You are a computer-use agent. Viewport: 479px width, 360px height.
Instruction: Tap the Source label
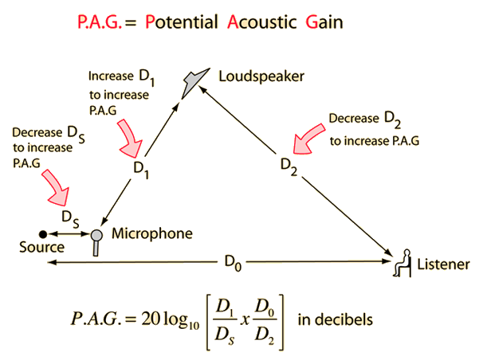point(41,248)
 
